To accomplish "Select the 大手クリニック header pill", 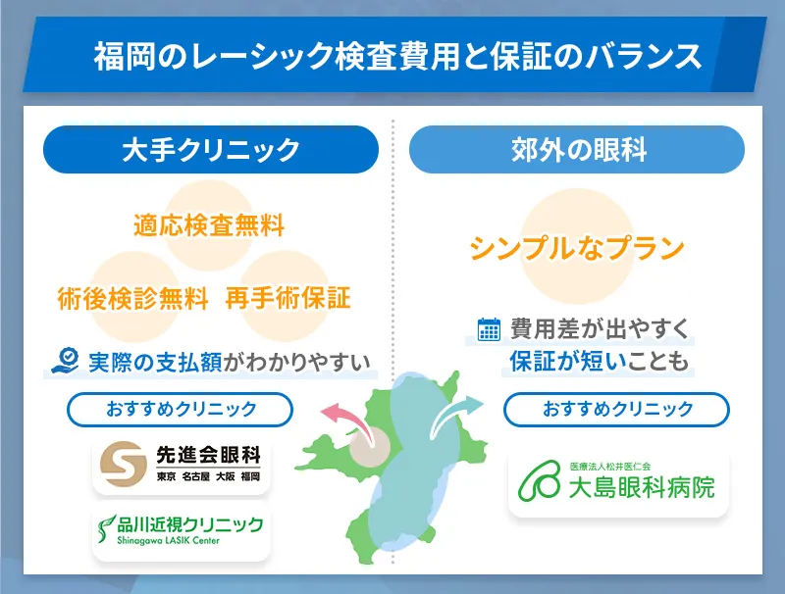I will tap(210, 150).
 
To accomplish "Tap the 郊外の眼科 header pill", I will tap(577, 150).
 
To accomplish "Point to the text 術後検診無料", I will tap(133, 297).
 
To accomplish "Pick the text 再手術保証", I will tap(288, 297).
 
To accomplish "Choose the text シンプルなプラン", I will tap(577, 249).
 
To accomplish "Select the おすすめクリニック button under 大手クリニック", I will tap(180, 409).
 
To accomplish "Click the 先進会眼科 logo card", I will tap(181, 466).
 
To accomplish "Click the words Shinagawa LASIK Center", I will tap(169, 540).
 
